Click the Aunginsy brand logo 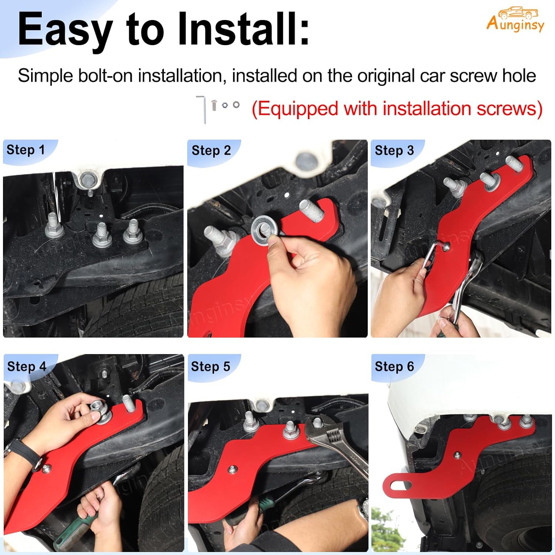click(x=515, y=20)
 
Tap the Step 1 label click(x=26, y=150)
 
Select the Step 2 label click(x=211, y=151)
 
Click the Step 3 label click(x=394, y=151)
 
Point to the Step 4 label click(x=27, y=366)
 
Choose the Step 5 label click(x=210, y=366)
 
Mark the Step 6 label click(x=394, y=366)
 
